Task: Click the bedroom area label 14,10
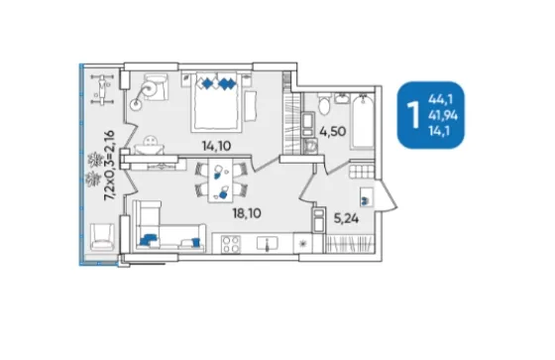216,146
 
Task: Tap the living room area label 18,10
247,213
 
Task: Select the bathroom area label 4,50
332,132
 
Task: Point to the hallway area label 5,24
346,218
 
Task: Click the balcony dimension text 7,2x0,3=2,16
109,166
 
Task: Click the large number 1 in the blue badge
413,114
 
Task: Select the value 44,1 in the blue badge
440,99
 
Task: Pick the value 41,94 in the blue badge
443,115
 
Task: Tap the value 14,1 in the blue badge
439,131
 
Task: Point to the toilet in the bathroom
324,103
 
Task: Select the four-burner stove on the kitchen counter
230,245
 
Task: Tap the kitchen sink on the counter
267,244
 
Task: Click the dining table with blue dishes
220,180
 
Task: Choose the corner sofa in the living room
168,226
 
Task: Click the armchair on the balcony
102,237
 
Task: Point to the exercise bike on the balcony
102,89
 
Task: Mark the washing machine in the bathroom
311,147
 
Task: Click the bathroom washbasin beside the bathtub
342,98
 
